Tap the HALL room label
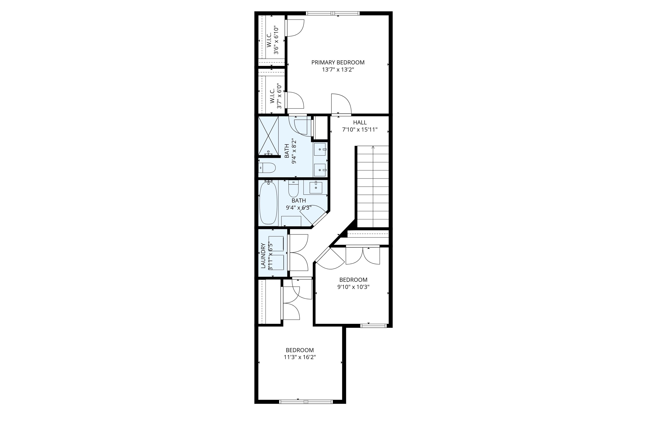[360, 123]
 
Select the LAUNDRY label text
[263, 255]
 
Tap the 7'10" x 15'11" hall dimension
[360, 130]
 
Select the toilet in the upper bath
[267, 167]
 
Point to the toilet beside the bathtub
[293, 189]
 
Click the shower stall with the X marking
[268, 136]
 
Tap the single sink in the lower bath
[316, 188]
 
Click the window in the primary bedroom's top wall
[333, 13]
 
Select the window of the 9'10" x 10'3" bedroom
[373, 326]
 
